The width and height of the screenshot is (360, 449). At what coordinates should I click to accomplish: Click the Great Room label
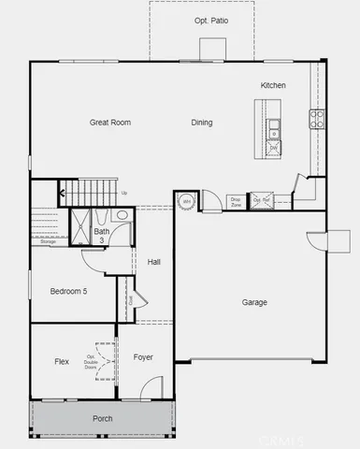pos(109,123)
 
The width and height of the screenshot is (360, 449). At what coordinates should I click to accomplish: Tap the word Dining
pos(201,123)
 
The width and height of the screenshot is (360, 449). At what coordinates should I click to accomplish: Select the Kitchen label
pos(273,85)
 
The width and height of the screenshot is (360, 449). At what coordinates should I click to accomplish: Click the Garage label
pos(254,302)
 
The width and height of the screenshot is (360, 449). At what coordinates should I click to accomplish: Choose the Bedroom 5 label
pos(68,291)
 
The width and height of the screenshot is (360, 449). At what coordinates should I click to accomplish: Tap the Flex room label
pos(62,361)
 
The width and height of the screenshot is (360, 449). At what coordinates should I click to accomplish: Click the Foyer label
pos(143,357)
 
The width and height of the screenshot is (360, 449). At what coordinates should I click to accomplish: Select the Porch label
pos(103,418)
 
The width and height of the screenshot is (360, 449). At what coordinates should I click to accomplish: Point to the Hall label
pos(154,262)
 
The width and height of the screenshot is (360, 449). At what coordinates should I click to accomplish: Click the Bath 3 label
pos(102,236)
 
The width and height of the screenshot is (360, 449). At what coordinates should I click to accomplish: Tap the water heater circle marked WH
pos(186,202)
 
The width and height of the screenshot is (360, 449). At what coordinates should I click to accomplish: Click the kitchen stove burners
pos(317,118)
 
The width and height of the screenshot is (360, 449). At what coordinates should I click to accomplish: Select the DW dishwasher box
pos(274,147)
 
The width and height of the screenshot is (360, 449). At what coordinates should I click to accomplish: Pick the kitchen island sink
pos(274,126)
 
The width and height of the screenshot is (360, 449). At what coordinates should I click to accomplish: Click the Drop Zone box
pos(236,201)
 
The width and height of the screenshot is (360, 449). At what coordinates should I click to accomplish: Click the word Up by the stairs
pos(124,194)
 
